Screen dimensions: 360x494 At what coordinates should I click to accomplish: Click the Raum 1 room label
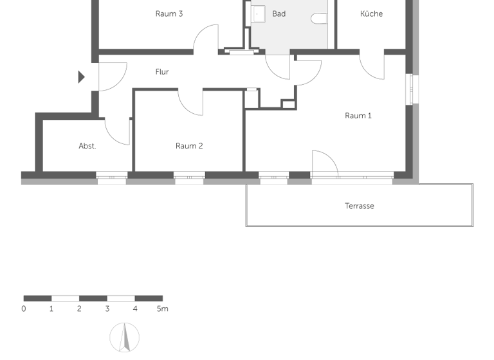(x=358, y=116)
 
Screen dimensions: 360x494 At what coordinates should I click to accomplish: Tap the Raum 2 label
(x=189, y=146)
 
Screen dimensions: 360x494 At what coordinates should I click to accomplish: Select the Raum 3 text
(x=169, y=14)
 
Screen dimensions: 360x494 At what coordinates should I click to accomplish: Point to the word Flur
(x=162, y=72)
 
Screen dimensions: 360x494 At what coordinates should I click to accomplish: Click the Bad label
(x=279, y=14)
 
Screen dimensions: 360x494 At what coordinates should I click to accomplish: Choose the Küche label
(x=371, y=14)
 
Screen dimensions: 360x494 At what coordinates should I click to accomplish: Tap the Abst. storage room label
(x=87, y=146)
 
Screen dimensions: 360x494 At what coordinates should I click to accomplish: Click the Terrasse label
(x=359, y=206)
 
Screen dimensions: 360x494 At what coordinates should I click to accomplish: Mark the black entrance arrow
(x=81, y=77)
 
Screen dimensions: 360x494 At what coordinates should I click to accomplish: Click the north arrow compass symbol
(x=124, y=337)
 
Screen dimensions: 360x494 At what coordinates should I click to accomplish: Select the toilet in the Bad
(x=319, y=19)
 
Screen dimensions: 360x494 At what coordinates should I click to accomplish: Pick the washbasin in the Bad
(x=258, y=14)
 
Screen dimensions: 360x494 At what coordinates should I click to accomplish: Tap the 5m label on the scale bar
(x=162, y=309)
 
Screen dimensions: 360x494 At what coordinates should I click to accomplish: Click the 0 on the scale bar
(x=24, y=309)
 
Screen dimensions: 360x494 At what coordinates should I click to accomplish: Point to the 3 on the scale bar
(x=107, y=309)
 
